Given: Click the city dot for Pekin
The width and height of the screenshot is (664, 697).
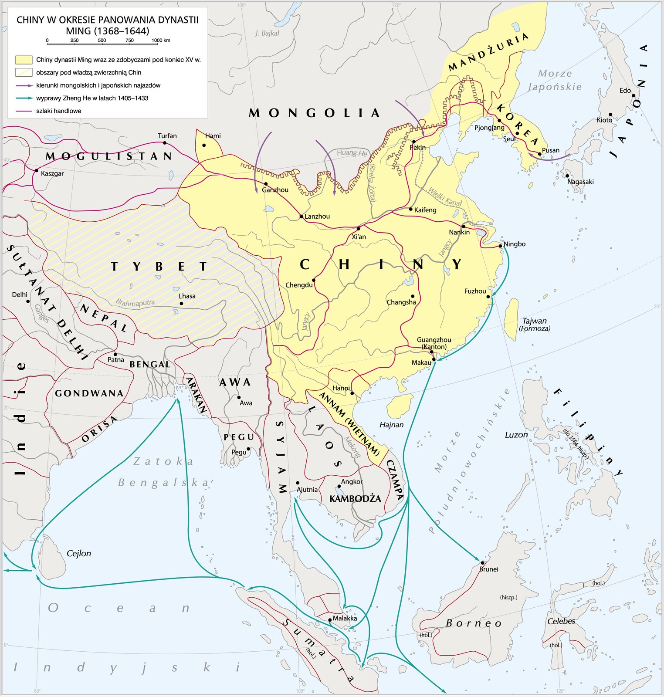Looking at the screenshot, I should pyautogui.click(x=413, y=142).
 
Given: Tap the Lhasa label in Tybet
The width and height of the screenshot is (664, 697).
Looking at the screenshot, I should pyautogui.click(x=187, y=296).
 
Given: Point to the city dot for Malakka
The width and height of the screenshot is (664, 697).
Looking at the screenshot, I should pyautogui.click(x=330, y=620).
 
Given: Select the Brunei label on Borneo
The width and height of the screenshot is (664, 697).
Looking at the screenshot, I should pyautogui.click(x=488, y=569).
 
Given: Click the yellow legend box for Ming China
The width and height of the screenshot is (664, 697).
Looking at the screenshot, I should pyautogui.click(x=24, y=60).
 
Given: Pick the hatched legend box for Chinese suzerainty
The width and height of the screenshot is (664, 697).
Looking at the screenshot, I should pyautogui.click(x=24, y=72).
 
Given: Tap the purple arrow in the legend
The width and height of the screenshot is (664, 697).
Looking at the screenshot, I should pyautogui.click(x=24, y=85).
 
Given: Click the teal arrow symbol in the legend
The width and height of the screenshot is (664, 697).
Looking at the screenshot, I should pyautogui.click(x=24, y=98).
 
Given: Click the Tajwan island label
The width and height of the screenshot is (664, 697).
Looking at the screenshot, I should pyautogui.click(x=534, y=321).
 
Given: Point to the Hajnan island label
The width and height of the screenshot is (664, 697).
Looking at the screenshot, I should pyautogui.click(x=391, y=425).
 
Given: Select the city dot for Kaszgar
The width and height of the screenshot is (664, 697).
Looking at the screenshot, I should pyautogui.click(x=37, y=170).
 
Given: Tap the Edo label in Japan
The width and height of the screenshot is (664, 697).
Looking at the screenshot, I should pyautogui.click(x=625, y=91).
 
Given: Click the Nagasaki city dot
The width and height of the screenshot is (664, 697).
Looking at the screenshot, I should pyautogui.click(x=567, y=176).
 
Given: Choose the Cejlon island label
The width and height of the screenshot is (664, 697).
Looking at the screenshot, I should pyautogui.click(x=79, y=554).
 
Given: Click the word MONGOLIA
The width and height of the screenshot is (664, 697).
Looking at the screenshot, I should pyautogui.click(x=314, y=114).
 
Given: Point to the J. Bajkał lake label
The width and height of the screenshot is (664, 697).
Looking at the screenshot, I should pyautogui.click(x=267, y=33).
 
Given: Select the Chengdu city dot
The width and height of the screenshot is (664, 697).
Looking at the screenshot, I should pyautogui.click(x=314, y=280).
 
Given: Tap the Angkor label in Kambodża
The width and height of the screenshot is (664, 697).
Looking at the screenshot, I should pyautogui.click(x=352, y=482).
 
